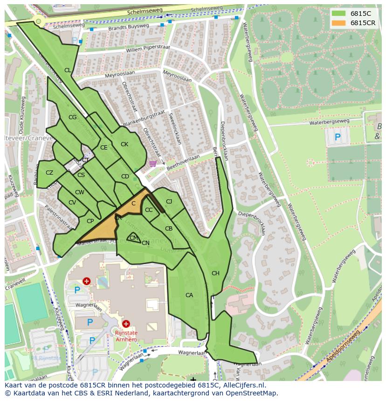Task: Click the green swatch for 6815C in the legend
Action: (339, 14)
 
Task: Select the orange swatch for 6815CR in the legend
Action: (339, 23)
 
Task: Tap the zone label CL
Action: (68, 70)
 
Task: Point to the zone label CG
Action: (72, 117)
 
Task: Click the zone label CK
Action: (124, 144)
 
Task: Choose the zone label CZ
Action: (49, 173)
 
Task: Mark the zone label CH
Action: (215, 273)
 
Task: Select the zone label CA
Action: (189, 295)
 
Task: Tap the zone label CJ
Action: (169, 202)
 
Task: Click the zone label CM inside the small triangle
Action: (134, 238)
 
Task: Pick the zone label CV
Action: (72, 203)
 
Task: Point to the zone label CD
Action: (125, 177)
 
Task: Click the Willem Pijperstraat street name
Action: (148, 48)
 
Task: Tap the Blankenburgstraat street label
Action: (145, 119)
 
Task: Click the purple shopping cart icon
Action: (153, 163)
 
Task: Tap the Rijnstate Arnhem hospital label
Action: (126, 336)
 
